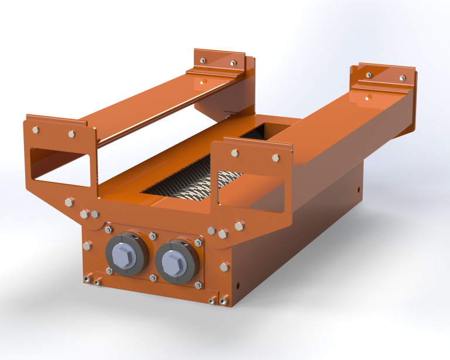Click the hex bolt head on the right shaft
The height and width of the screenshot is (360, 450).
174,259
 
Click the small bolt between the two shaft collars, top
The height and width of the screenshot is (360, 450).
152,236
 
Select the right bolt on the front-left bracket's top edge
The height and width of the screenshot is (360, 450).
71,134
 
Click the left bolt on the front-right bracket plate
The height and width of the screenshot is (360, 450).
234,153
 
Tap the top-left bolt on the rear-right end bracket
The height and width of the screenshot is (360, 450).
369,75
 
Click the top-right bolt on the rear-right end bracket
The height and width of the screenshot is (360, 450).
403,78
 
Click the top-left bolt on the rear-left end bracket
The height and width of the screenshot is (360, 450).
202,60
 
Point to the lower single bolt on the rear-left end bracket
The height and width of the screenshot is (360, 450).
202,82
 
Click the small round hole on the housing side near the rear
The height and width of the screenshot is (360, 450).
358,189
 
